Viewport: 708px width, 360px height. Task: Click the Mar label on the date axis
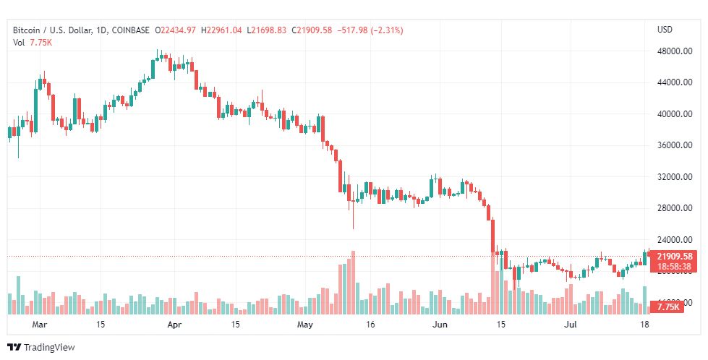[40, 325]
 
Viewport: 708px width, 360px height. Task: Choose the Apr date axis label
[174, 325]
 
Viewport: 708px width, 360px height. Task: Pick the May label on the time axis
[305, 325]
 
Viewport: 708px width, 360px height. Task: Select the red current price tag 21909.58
[675, 257]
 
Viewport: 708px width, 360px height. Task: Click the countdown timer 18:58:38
[673, 267]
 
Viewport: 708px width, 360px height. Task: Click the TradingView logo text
[49, 348]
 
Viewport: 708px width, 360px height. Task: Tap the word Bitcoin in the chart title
[27, 30]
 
